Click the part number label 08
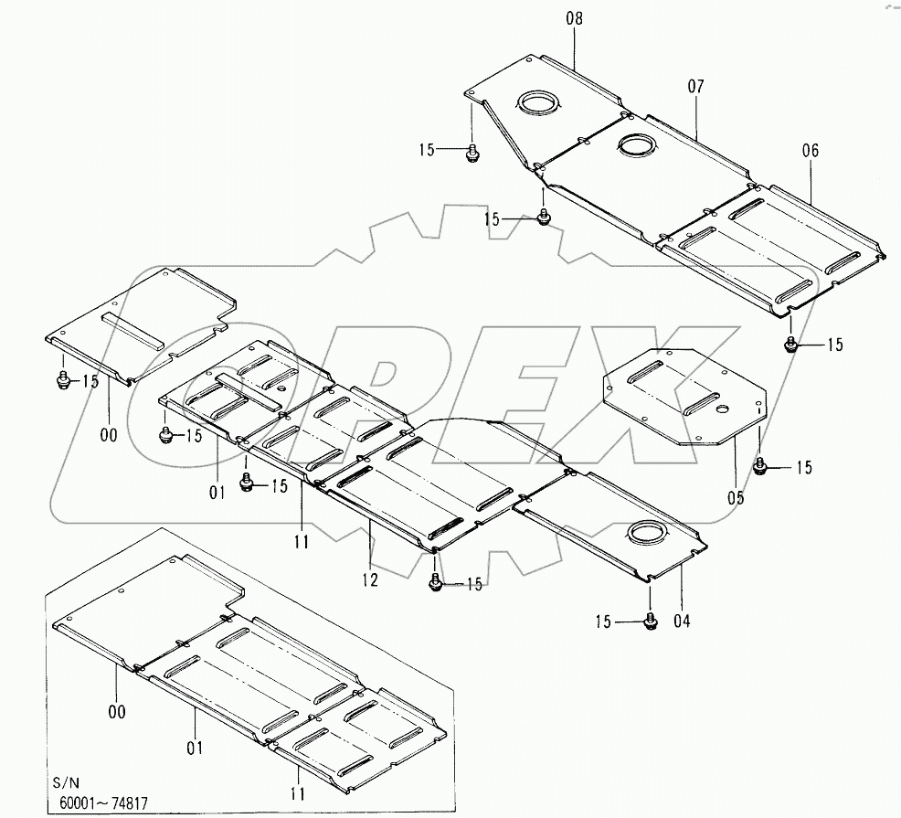coord(573,18)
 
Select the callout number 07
coord(696,86)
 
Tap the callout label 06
coord(810,150)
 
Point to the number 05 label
coord(736,498)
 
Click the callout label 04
coord(682,621)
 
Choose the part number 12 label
coord(371,578)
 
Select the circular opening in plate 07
coord(633,143)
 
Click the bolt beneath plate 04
coord(651,621)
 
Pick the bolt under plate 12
coord(437,582)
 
